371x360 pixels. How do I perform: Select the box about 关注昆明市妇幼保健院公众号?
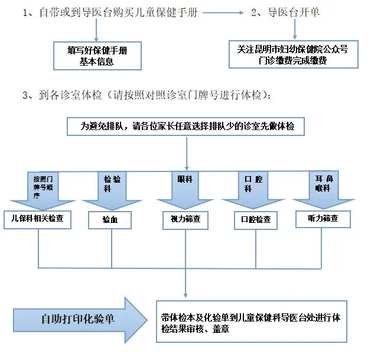pos(293,55)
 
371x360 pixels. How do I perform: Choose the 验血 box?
pos(109,220)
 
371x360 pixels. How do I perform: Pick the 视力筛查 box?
pos(185,220)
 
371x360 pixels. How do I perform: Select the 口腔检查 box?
pos(256,220)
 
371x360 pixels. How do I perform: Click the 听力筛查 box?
pos(323,219)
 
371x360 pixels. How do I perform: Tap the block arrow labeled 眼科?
pos(185,187)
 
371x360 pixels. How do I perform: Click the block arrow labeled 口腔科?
pos(252,189)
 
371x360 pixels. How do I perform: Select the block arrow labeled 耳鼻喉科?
pos(323,189)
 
